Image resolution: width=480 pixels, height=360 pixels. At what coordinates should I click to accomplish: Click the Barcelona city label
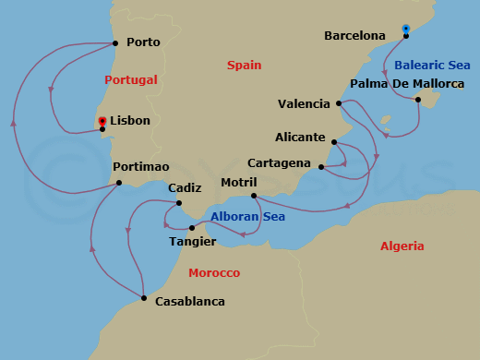click(x=354, y=36)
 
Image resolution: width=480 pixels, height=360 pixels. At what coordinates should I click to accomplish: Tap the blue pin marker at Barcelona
click(x=405, y=30)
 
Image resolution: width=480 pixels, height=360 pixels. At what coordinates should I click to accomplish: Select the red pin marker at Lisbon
click(x=102, y=121)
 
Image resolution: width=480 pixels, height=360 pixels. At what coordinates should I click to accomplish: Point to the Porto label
click(x=143, y=42)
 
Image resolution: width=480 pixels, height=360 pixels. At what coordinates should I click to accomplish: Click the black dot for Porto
click(x=114, y=42)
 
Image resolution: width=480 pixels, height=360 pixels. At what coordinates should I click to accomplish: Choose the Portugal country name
click(x=131, y=79)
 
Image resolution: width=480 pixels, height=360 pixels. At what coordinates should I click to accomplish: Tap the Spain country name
click(x=244, y=65)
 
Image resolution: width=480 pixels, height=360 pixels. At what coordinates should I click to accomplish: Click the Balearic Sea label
click(x=432, y=65)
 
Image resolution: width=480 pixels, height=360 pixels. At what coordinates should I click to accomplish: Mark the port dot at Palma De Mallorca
click(x=418, y=100)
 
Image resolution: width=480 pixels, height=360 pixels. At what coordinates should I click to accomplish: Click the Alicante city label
click(x=300, y=138)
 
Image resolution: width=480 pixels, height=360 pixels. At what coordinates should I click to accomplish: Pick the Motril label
click(x=239, y=182)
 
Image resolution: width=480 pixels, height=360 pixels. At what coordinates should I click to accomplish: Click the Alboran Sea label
click(x=247, y=217)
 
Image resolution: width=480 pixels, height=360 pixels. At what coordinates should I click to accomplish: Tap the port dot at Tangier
click(x=192, y=227)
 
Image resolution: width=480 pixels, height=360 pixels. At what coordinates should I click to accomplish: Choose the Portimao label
click(x=140, y=167)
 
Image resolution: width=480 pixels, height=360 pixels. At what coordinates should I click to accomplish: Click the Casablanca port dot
click(x=144, y=297)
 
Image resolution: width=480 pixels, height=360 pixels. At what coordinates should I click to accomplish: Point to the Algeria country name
click(x=402, y=246)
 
